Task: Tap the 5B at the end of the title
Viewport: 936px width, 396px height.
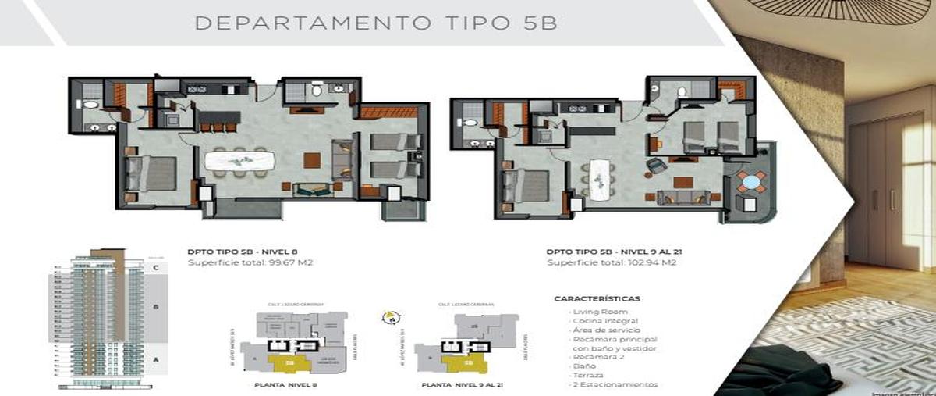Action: click(537, 22)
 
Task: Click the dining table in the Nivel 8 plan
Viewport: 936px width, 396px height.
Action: click(240, 162)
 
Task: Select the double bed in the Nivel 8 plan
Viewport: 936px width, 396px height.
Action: click(153, 173)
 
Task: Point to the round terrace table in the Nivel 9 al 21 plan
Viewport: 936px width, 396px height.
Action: click(750, 182)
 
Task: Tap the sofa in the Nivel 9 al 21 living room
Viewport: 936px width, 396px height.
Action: click(677, 198)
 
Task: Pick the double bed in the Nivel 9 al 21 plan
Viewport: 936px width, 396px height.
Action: click(527, 186)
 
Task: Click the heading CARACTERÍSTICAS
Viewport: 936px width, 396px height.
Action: click(597, 298)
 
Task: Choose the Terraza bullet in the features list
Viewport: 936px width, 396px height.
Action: click(589, 375)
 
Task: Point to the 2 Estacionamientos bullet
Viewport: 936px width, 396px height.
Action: click(615, 384)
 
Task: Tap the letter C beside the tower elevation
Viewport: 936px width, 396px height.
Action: click(156, 268)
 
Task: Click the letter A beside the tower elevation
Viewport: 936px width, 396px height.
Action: click(156, 360)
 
